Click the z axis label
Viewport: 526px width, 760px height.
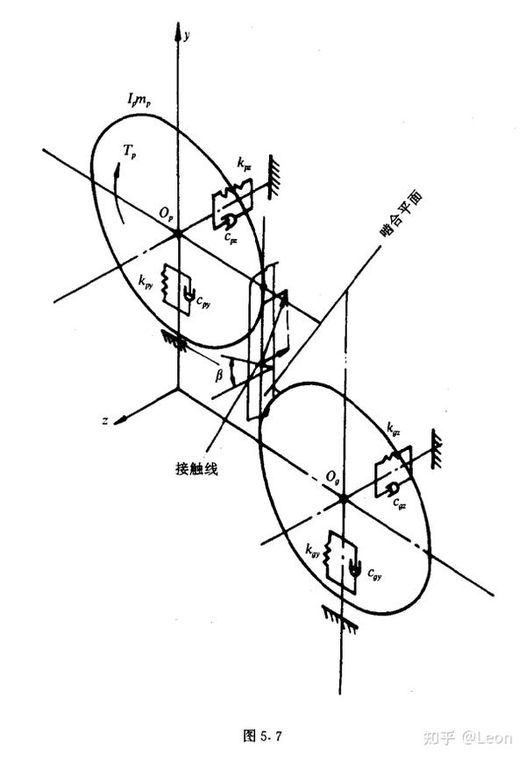[105, 421]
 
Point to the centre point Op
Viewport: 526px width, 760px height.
[178, 234]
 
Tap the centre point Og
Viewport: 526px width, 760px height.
[343, 497]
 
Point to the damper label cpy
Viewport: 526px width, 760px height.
[203, 302]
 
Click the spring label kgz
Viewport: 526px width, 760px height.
[394, 429]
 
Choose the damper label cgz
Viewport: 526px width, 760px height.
[399, 502]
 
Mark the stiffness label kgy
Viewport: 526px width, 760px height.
[312, 550]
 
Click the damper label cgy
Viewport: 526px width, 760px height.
[373, 574]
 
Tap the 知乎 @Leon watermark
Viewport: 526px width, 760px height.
[464, 736]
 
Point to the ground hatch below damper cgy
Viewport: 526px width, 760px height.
[338, 617]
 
